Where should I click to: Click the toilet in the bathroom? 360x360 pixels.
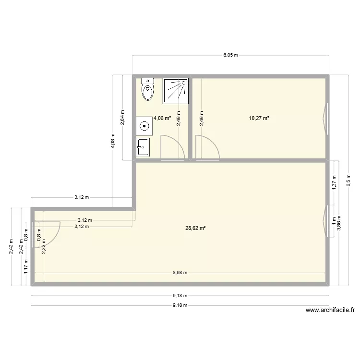tap(148, 90)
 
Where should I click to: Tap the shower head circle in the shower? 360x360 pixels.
tap(183, 83)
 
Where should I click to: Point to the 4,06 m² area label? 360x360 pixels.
tap(162, 118)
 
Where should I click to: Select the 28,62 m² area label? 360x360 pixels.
tap(195, 228)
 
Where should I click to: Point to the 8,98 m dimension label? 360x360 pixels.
tap(180, 273)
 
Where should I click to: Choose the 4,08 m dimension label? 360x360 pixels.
tap(113, 141)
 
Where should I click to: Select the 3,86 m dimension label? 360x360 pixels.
tap(339, 225)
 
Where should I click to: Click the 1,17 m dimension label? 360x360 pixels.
tap(25, 265)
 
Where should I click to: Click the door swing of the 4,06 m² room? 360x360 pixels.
tap(172, 147)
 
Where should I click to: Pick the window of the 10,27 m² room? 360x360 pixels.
tap(326, 118)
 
